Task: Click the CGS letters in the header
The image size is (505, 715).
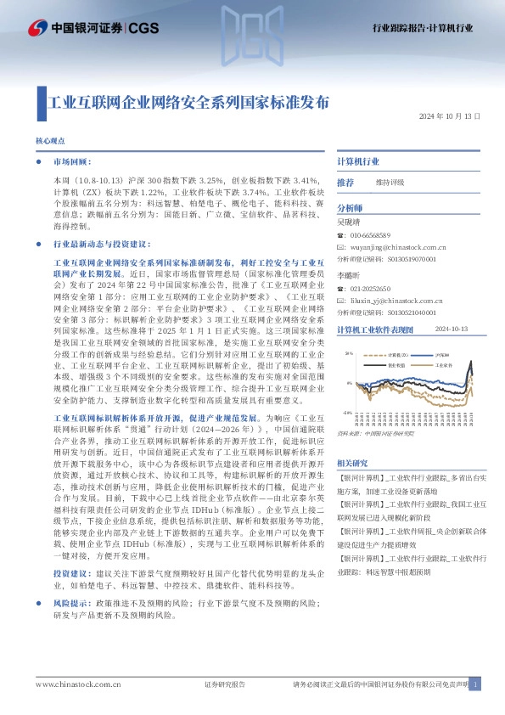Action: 143,29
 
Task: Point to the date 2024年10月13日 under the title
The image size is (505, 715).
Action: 450,117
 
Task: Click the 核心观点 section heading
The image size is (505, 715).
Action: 50,141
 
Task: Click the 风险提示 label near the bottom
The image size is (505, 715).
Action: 69,603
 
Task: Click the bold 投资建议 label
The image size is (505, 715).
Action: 69,574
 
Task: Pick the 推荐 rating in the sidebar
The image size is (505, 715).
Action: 345,183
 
